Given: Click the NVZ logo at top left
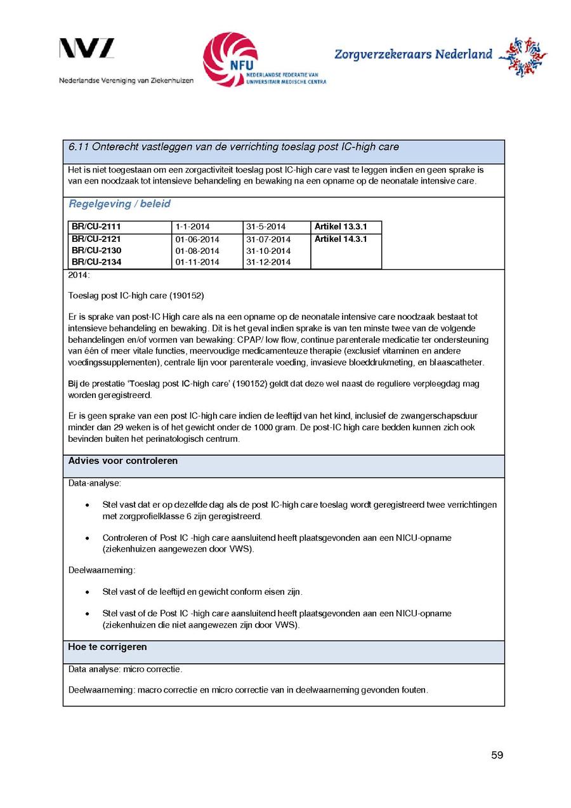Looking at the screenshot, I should coord(87,49).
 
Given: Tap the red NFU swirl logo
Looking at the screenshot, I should coord(230,59).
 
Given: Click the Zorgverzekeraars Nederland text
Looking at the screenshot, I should coord(413,55).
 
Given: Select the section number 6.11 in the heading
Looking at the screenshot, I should coord(78,147).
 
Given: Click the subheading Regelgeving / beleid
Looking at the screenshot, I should coord(119,204).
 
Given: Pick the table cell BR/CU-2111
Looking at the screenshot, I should coord(96,227).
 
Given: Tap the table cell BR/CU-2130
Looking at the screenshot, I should coord(96,251).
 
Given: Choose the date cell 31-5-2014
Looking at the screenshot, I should coord(266,227).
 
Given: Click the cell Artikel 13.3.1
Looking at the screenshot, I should coord(340,227).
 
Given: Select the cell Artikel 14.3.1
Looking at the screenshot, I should coord(340,239).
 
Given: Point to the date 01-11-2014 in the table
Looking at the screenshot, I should coord(197,262).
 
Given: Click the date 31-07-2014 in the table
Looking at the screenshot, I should coord(268,239).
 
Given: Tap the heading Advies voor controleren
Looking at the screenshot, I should coord(123,461).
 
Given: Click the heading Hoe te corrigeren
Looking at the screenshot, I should coord(107,647).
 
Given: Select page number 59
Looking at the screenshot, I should coord(497,755).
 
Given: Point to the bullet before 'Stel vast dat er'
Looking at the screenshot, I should coord(87,505).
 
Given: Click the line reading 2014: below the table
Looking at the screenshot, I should coord(79,275).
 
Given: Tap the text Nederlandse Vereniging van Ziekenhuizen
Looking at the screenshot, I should coord(126,81).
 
